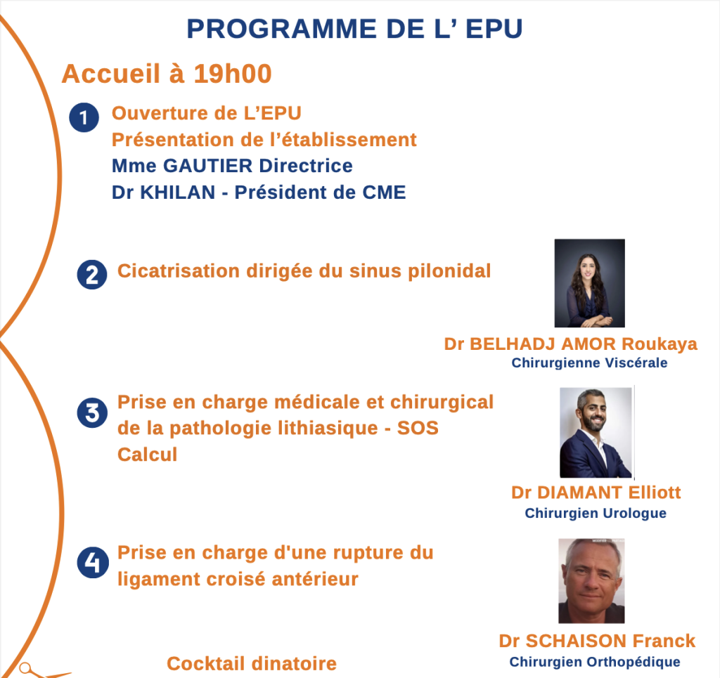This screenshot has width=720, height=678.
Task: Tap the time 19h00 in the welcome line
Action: pyautogui.click(x=232, y=73)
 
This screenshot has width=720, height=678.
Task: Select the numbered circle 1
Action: pyautogui.click(x=84, y=117)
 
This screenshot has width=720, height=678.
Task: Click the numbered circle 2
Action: pyautogui.click(x=92, y=275)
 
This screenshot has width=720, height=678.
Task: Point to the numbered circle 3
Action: pyautogui.click(x=92, y=413)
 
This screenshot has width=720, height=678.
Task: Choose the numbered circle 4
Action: pyautogui.click(x=93, y=562)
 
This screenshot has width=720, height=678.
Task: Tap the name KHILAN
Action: pyautogui.click(x=177, y=193)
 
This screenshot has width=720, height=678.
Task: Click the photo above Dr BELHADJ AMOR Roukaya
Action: pyautogui.click(x=590, y=283)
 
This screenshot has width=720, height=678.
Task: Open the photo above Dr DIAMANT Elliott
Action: pyautogui.click(x=596, y=433)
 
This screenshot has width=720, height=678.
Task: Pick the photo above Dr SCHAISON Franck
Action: pyautogui.click(x=591, y=581)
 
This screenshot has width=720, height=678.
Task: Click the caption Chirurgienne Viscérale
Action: pyautogui.click(x=590, y=363)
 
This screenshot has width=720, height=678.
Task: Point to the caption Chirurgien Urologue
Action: pyautogui.click(x=596, y=514)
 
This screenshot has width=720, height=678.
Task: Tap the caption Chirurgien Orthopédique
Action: pyautogui.click(x=595, y=662)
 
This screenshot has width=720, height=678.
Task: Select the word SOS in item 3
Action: pyautogui.click(x=418, y=428)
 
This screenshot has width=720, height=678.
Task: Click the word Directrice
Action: pyautogui.click(x=306, y=166)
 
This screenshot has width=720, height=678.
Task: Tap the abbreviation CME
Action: pyautogui.click(x=385, y=193)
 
